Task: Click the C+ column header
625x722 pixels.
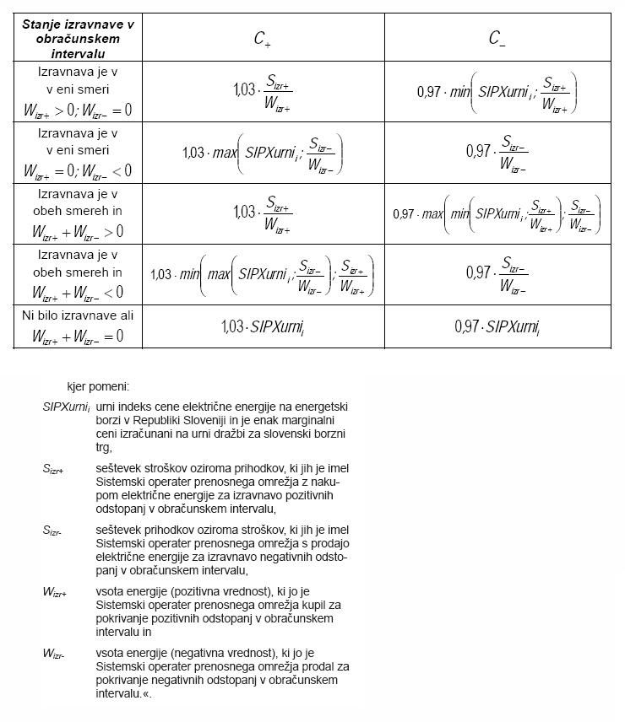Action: pyautogui.click(x=263, y=38)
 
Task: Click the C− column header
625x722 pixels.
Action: pyautogui.click(x=497, y=38)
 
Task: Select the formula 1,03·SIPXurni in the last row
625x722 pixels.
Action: pyautogui.click(x=263, y=326)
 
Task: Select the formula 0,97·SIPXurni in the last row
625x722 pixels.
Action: pyautogui.click(x=497, y=326)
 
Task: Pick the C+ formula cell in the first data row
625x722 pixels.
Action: pyautogui.click(x=263, y=93)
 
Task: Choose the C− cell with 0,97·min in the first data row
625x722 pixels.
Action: pyautogui.click(x=497, y=93)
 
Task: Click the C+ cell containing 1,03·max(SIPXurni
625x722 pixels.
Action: pyautogui.click(x=263, y=153)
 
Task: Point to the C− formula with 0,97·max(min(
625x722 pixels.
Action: pyautogui.click(x=497, y=213)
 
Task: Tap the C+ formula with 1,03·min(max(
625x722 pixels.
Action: pyautogui.click(x=263, y=274)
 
